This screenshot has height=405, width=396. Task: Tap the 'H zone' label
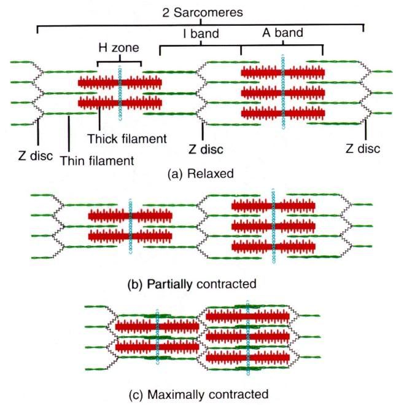[x=118, y=47]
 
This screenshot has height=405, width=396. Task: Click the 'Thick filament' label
[x=126, y=138]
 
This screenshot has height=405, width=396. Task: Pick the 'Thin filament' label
[x=96, y=161]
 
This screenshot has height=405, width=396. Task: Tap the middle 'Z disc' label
[x=205, y=149]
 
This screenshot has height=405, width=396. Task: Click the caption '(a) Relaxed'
[x=201, y=173]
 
